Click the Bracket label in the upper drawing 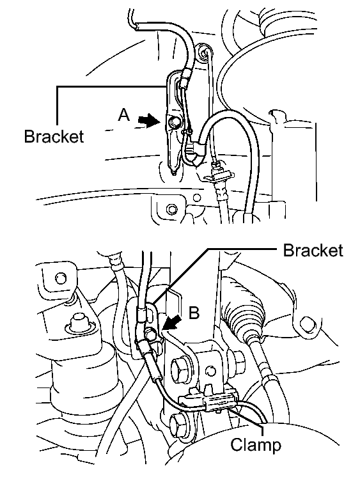tap(54, 136)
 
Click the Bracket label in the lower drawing tap(313, 251)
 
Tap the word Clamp tap(256, 445)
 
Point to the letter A tap(124, 115)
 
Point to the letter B tap(194, 312)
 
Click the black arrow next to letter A tap(149, 121)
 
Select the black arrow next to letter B tap(172, 322)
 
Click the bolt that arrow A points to tap(174, 122)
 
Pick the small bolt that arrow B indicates tap(150, 334)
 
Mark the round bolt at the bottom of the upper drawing tap(172, 209)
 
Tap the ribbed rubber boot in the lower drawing tap(246, 314)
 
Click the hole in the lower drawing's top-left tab tap(61, 278)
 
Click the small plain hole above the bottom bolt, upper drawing tap(198, 198)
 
